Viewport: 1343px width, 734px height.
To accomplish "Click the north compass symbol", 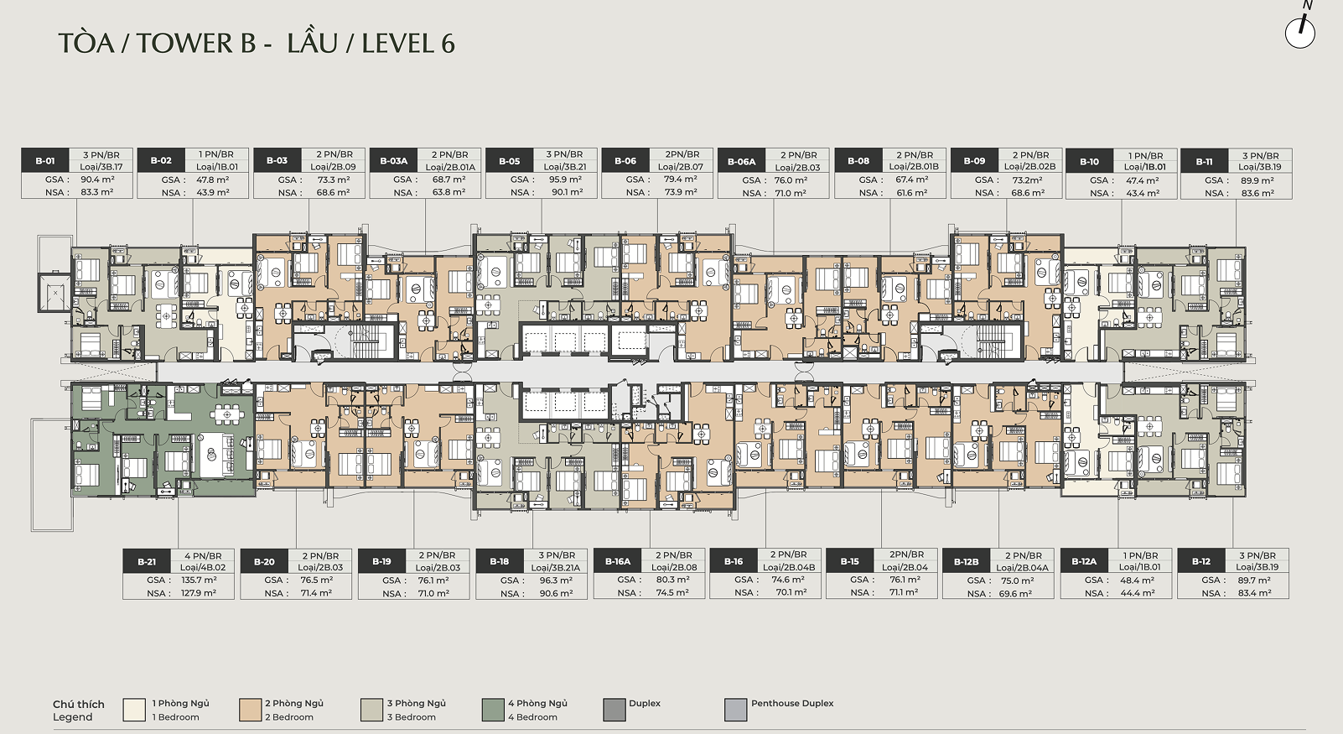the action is click(1300, 30).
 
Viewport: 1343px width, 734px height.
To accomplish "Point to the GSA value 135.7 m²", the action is click(199, 580).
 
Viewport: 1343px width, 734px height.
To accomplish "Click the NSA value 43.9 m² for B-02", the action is click(213, 193).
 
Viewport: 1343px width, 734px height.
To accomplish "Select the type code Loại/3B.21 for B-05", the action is click(565, 166).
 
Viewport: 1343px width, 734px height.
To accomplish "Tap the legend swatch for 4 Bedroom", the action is click(493, 710).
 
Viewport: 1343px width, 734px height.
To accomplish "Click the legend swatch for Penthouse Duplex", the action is click(736, 710).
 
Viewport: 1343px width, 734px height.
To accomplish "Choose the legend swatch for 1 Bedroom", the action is click(134, 710).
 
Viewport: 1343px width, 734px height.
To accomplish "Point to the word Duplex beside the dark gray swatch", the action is click(645, 704).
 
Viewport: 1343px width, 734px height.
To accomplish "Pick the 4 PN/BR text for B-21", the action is click(203, 555).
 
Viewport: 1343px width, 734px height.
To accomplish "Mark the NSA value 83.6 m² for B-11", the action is click(1257, 193).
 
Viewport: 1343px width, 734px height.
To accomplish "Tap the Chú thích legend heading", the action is click(79, 704).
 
